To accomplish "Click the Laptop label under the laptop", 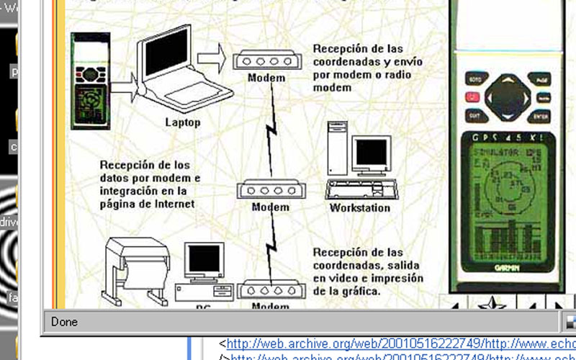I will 182,122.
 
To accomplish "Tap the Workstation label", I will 360,208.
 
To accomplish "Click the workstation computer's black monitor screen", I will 372,152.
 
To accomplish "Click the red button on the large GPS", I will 472,96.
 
